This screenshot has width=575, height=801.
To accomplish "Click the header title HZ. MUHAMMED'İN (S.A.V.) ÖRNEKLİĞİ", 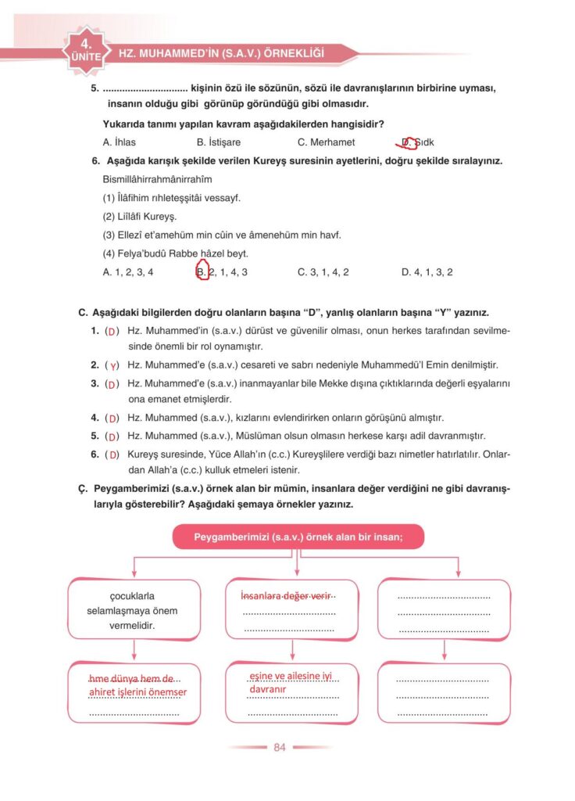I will pos(220,53).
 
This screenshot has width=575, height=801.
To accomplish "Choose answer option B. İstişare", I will pos(219,142).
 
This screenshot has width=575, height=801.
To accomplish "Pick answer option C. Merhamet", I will pos(326,142).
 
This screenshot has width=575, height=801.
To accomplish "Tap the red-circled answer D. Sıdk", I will pos(417,142).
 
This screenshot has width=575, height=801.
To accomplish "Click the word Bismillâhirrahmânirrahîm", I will pos(158,179).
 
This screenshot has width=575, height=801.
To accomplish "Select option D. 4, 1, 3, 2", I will pos(427,272).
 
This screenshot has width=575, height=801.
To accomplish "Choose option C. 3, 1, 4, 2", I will pos(323,272).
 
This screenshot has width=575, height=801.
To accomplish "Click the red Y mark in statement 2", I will pos(113,365).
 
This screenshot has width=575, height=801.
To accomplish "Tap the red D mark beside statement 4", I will pos(113,418).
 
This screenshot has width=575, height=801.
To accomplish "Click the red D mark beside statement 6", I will pos(113,454).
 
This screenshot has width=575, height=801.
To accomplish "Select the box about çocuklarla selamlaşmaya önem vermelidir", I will pos(134,611).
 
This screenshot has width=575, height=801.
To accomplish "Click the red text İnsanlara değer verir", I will pos(287,595).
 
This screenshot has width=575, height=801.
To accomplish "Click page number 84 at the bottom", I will pos(280,747).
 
